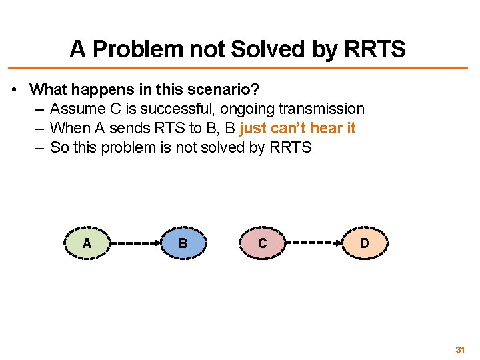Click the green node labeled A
pyautogui.click(x=87, y=243)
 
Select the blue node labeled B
pyautogui.click(x=183, y=243)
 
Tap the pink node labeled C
pyautogui.click(x=262, y=243)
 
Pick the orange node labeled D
pyautogui.click(x=364, y=243)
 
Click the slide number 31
pyautogui.click(x=460, y=350)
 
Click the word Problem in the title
pyautogui.click(x=136, y=49)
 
